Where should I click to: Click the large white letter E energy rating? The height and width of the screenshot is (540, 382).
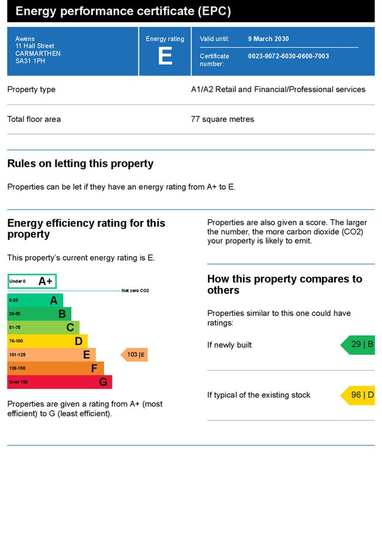[165, 56]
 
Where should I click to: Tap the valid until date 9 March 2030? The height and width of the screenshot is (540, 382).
[269, 39]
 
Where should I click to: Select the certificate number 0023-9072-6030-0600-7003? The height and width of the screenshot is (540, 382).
[289, 56]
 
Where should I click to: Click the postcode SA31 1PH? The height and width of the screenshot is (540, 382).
[29, 61]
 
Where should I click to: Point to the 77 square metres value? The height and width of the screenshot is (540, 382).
[223, 119]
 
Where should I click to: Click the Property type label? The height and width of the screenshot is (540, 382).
[31, 89]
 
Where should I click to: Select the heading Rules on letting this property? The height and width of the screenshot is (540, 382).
[80, 164]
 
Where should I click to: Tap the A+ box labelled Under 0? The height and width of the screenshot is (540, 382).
[32, 281]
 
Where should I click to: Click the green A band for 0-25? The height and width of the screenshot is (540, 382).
[35, 300]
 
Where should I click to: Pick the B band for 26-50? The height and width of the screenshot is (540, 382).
[39, 314]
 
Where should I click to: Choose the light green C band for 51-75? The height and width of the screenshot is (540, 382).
[43, 327]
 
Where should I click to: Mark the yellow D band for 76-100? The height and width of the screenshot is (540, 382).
[47, 341]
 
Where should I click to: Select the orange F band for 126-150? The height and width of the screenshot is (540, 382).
[55, 368]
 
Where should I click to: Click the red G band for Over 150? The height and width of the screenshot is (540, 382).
[59, 382]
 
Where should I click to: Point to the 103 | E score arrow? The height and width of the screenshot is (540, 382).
[135, 355]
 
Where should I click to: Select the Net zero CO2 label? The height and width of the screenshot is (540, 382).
[135, 291]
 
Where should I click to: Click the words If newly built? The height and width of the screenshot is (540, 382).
[229, 345]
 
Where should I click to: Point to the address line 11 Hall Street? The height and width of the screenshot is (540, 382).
[35, 46]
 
